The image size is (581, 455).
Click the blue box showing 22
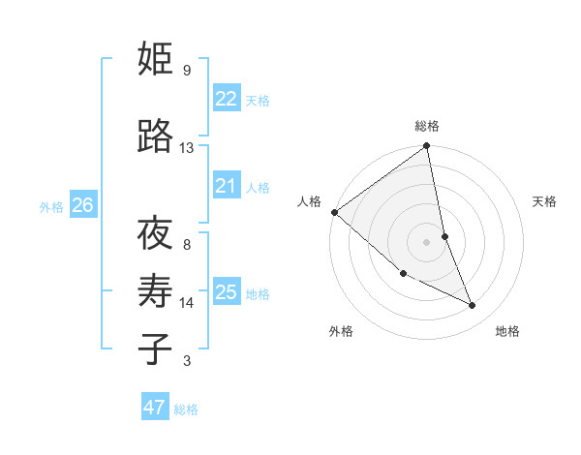[x=226, y=99]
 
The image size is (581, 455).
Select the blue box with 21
[x=226, y=186]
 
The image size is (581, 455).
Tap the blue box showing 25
[x=226, y=292]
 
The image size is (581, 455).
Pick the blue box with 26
[x=83, y=205]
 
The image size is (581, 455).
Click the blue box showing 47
[x=154, y=408]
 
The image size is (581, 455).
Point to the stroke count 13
[x=186, y=148]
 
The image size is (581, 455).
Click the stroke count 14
[x=186, y=303]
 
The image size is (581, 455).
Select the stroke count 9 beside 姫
[x=186, y=71]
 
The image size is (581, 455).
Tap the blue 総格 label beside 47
[x=186, y=409]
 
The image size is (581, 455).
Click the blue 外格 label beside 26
[x=51, y=206]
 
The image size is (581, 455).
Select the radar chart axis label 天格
[x=544, y=201]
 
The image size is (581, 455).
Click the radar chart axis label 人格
[x=309, y=201]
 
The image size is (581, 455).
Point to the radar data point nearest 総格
[x=427, y=146]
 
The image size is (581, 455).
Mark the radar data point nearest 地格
[x=473, y=305]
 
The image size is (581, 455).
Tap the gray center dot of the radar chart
[x=427, y=241]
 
